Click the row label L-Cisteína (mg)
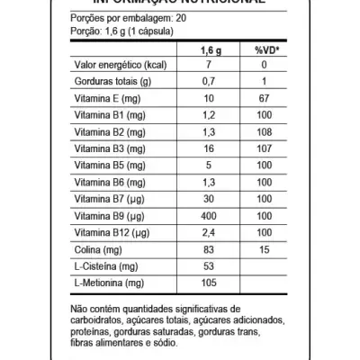coord(101,266)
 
